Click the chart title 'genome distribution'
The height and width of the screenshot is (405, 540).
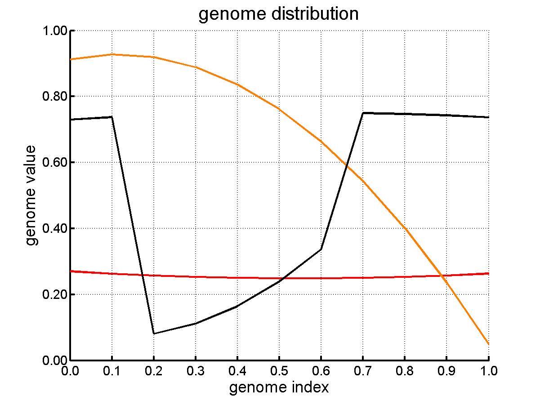(278, 14)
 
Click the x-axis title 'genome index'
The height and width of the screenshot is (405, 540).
(279, 387)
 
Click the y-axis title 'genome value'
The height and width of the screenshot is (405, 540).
(31, 195)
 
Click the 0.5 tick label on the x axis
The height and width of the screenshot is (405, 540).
(279, 371)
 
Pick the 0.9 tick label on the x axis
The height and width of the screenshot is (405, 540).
(446, 371)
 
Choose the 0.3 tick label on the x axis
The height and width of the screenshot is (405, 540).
(195, 371)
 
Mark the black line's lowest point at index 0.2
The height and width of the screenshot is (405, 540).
(154, 334)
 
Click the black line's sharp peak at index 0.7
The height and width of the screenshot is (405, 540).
(363, 113)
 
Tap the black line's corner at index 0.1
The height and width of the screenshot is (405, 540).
(112, 117)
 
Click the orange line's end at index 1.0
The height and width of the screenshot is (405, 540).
(488, 344)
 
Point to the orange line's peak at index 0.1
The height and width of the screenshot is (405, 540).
(112, 54)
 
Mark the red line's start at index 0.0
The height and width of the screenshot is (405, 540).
(71, 271)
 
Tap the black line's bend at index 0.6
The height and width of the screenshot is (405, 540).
(321, 249)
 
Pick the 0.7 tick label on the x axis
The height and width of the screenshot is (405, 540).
(363, 371)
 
